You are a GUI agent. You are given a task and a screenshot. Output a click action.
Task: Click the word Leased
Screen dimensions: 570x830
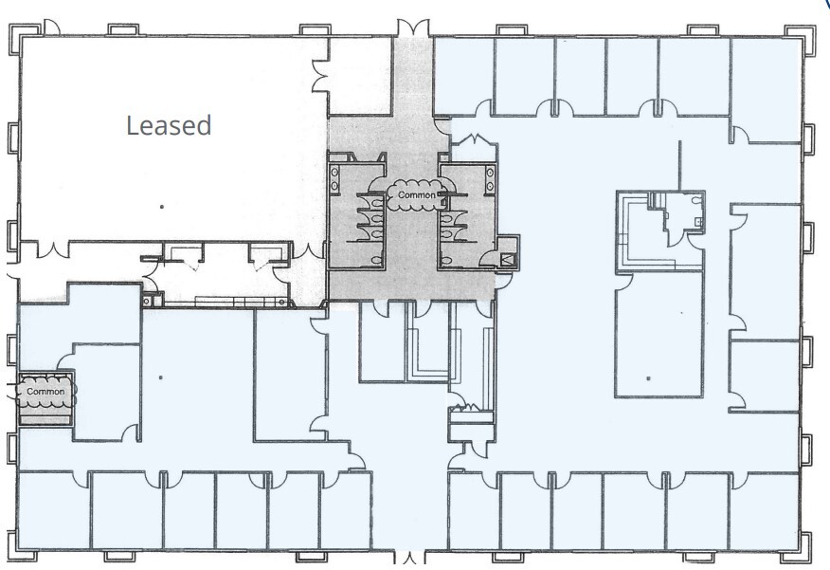pyautogui.click(x=170, y=124)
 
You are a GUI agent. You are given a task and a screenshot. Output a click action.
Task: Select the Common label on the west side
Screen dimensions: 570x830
pyautogui.click(x=45, y=391)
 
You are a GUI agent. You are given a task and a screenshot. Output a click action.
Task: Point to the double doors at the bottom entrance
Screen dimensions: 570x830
pyautogui.click(x=413, y=559)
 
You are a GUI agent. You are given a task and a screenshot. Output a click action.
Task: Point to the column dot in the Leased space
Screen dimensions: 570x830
pyautogui.click(x=163, y=205)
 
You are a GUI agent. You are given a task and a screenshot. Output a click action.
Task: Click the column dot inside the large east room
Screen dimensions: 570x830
pyautogui.click(x=648, y=377)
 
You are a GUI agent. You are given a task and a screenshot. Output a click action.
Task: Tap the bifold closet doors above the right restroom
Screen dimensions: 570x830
pyautogui.click(x=472, y=141)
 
